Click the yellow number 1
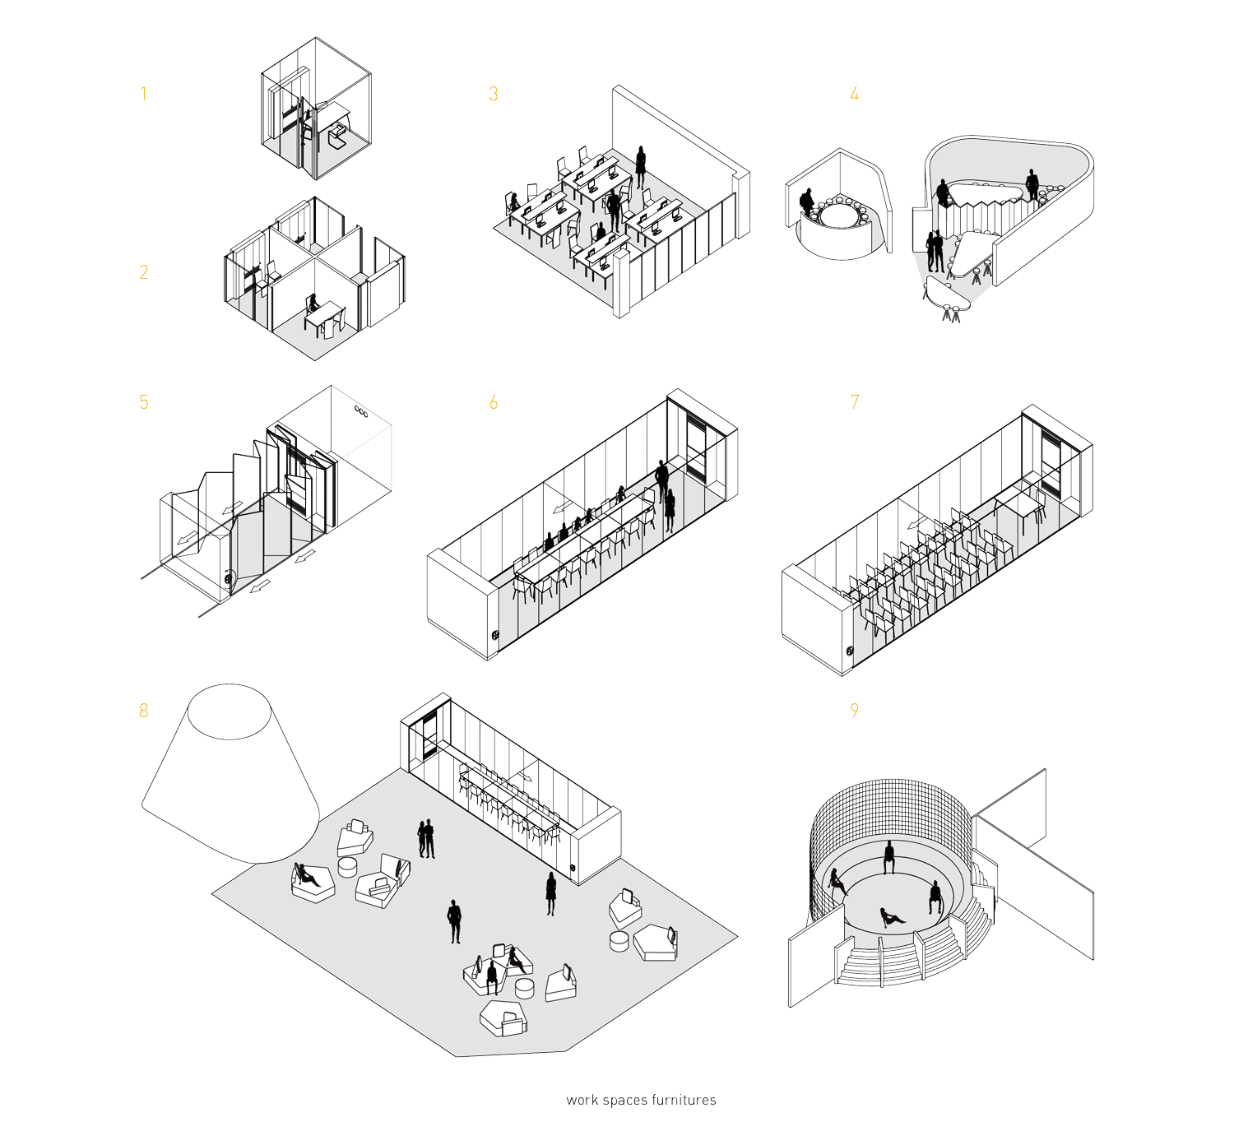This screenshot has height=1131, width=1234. coord(143,94)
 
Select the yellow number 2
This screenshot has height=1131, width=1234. coord(144,272)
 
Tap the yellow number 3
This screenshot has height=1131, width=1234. coord(494,94)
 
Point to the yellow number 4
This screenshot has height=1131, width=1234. coord(855,94)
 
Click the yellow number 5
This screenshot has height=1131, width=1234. coord(144,402)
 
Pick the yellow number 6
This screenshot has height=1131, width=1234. coord(494,402)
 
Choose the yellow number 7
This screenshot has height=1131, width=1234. coord(855,402)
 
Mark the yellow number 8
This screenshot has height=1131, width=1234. coord(144,712)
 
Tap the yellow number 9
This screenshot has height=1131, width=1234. coord(855,711)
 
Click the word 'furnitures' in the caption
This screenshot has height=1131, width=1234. coord(684,1101)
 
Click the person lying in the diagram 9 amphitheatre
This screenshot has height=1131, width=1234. coord(891,917)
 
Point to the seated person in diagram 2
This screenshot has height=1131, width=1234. coord(313,304)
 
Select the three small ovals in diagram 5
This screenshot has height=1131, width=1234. coord(361,411)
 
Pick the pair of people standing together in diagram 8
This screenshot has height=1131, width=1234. coord(426,839)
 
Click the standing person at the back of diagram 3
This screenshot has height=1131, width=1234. coord(641,166)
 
